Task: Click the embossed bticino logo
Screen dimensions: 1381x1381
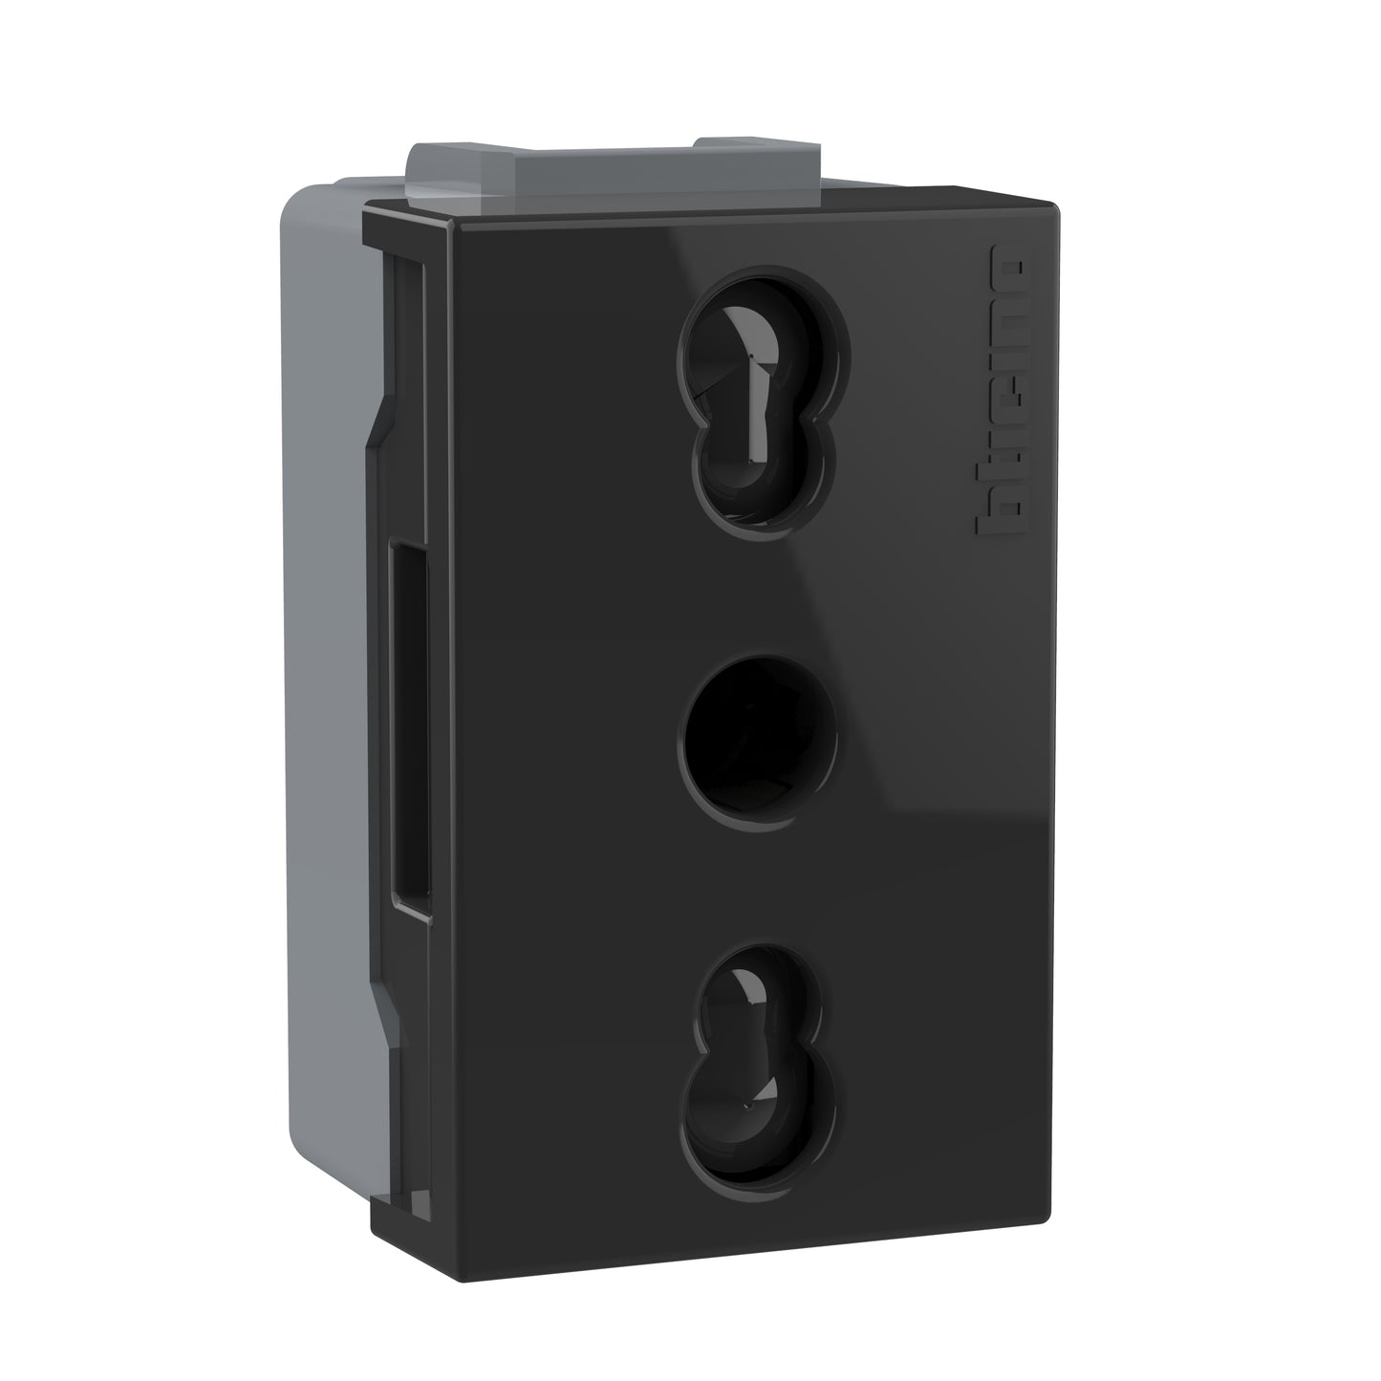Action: click(x=998, y=391)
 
